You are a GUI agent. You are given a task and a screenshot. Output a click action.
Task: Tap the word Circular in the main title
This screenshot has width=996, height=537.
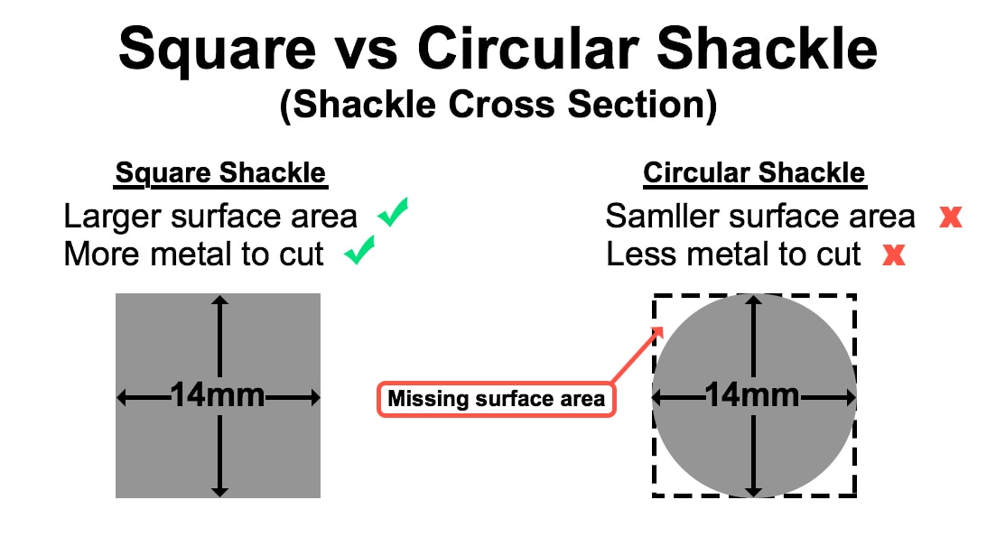[528, 48]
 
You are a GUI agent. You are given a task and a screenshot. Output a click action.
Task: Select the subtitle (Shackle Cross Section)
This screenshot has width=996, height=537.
[498, 104]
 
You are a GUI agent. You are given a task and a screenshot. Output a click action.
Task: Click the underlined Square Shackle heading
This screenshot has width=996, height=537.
[220, 173]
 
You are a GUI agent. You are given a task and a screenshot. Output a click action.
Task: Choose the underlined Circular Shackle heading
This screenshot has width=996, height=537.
[755, 173]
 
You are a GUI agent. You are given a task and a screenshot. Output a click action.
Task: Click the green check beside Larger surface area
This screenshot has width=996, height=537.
[393, 212]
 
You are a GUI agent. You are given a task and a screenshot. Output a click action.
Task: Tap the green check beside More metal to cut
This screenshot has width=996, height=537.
[359, 250]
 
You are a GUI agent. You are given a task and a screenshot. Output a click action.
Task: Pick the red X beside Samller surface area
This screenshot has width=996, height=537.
[951, 217]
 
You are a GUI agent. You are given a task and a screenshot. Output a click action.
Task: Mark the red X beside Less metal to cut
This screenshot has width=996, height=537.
[894, 255]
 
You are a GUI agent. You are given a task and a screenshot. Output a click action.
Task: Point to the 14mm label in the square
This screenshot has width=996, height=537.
[218, 395]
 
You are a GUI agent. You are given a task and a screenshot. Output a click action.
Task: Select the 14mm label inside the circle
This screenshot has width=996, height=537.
[752, 395]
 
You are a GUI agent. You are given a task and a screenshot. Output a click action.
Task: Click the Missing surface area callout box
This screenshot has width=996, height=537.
[496, 399]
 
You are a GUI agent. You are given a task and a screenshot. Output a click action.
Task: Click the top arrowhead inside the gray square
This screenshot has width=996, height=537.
[219, 301]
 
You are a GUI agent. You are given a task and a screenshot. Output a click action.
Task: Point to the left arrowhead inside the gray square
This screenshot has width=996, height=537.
[123, 398]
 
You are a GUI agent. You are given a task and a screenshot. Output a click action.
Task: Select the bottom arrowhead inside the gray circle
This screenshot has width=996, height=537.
[753, 491]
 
